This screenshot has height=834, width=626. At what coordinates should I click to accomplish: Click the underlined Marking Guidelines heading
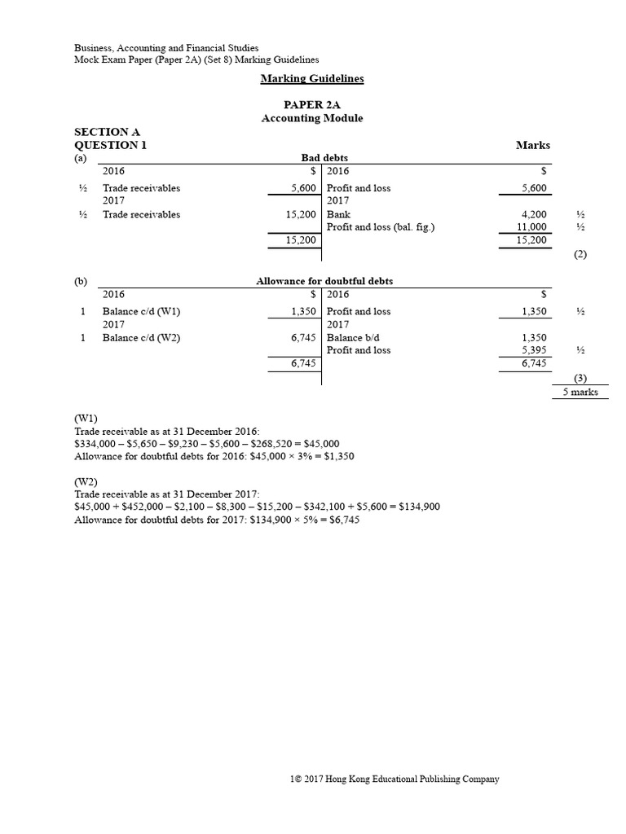pos(312,79)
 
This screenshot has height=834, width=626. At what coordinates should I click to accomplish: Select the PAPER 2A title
pos(312,105)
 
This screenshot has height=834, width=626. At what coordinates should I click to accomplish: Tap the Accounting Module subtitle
pos(312,118)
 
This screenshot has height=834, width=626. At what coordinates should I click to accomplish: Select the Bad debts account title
pos(324,158)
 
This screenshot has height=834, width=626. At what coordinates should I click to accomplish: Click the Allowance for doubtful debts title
pos(324,281)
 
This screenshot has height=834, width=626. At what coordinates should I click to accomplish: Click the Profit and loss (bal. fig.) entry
pos(381,227)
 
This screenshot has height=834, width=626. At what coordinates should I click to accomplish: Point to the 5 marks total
pos(580,392)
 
